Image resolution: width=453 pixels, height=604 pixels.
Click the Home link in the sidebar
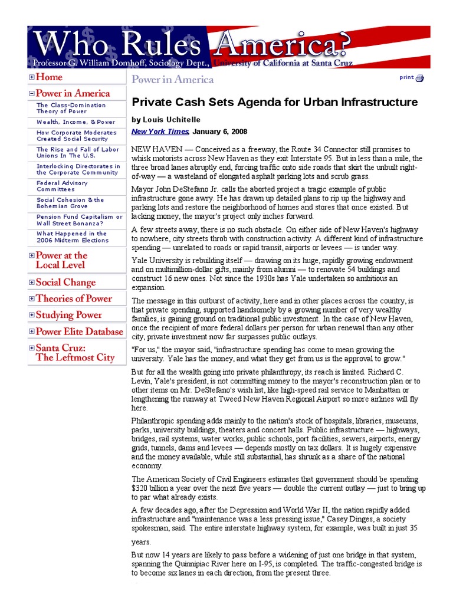(49, 77)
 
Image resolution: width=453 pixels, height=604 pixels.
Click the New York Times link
(159, 132)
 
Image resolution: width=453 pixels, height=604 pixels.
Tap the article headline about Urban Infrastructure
(274, 102)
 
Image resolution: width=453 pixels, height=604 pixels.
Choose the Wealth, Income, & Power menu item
(75, 122)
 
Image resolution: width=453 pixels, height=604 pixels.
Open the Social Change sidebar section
(65, 283)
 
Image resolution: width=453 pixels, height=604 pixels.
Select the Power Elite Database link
(79, 331)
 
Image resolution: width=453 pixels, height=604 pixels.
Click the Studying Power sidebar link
(68, 315)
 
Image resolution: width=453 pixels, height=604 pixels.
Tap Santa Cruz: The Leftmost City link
(75, 353)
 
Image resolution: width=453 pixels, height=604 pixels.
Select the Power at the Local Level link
(61, 260)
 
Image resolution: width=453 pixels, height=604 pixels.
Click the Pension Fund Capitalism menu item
(79, 220)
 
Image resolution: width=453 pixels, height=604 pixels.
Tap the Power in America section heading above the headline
(172, 79)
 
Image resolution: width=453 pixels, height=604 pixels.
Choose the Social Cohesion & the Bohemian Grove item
(70, 203)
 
